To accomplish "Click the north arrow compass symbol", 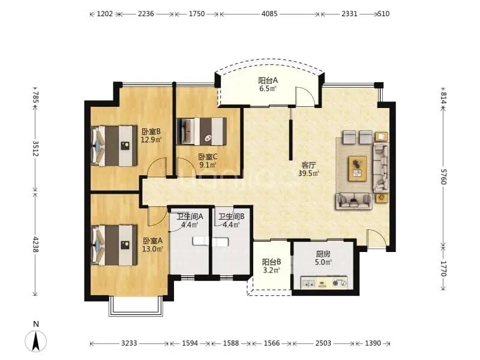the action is [x=36, y=340].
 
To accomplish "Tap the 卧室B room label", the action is [x=151, y=131].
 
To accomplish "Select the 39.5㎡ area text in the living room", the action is [x=308, y=173].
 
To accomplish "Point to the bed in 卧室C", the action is [x=202, y=131].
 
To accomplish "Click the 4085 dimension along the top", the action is [x=269, y=14].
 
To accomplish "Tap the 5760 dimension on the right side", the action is [x=443, y=176].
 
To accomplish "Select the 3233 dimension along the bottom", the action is [x=129, y=343].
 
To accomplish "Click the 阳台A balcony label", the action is [x=268, y=80].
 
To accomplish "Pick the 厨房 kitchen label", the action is [x=323, y=254].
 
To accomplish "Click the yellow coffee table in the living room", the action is [x=357, y=169].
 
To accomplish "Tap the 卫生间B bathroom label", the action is [x=232, y=217].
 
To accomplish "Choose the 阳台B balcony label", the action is [x=272, y=262].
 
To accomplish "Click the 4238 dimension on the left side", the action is [x=35, y=244].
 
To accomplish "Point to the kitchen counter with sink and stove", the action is [x=324, y=283].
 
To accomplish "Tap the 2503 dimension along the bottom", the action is [x=323, y=343].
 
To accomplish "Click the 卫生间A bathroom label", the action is [x=190, y=217].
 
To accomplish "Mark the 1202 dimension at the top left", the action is [x=104, y=14].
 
